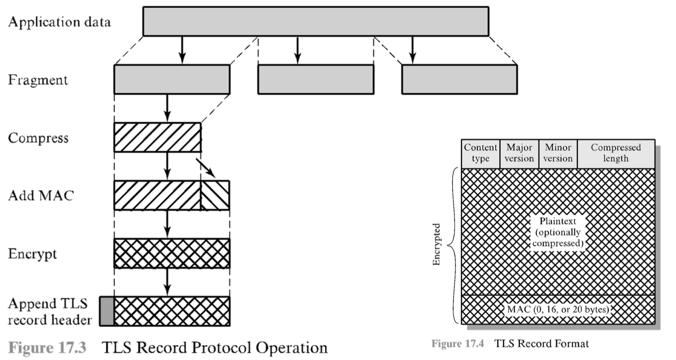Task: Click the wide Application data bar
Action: pyautogui.click(x=315, y=21)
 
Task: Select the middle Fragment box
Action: pyautogui.click(x=315, y=79)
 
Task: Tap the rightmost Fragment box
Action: pyautogui.click(x=459, y=79)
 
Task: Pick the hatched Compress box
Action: pyautogui.click(x=157, y=137)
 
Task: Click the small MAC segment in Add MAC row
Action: pyautogui.click(x=215, y=195)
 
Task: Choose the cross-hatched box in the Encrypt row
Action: pyautogui.click(x=172, y=253)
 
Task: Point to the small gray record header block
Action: pyautogui.click(x=106, y=311)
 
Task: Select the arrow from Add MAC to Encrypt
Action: pyautogui.click(x=167, y=224)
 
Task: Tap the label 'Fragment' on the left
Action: pyautogui.click(x=38, y=80)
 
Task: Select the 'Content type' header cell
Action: pyautogui.click(x=480, y=153)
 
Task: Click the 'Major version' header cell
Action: pyautogui.click(x=519, y=153)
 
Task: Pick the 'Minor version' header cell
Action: pyautogui.click(x=558, y=153)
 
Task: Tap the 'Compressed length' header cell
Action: pyautogui.click(x=616, y=153)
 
